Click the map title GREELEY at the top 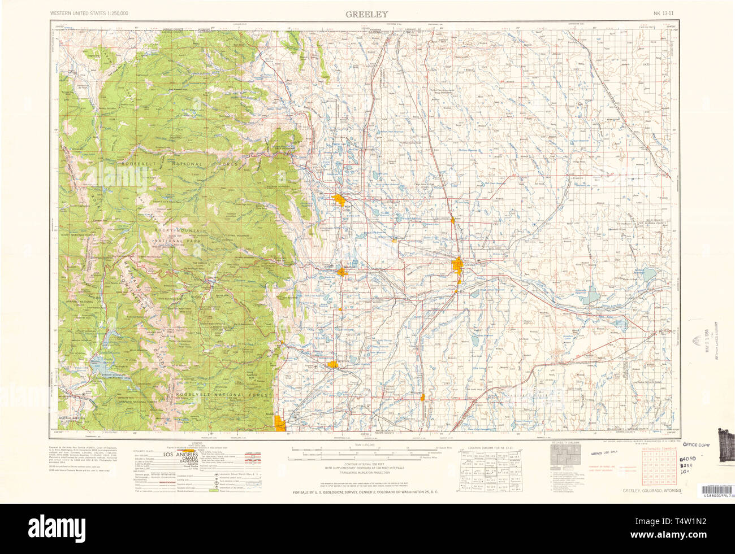pos(367,14)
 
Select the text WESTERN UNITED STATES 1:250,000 pos(89,12)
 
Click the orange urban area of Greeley pos(458,265)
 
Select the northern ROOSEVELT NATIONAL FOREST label pos(180,164)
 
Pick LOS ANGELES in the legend pos(180,455)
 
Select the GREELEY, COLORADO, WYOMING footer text pos(651,491)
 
